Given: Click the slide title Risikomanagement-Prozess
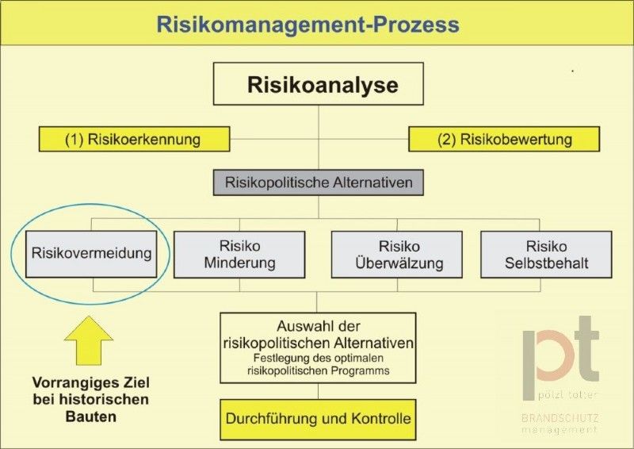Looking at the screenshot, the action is coord(307,25).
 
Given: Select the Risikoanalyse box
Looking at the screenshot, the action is coord(319,84).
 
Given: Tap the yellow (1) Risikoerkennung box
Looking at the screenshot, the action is coord(134,140).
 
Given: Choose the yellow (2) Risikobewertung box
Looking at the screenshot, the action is coord(504,140).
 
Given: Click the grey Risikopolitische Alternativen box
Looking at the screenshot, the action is coord(319,182).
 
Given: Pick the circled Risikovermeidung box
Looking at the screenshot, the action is coord(91,254).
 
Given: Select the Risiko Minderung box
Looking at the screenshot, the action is coord(239,255).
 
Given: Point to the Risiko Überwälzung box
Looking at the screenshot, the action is coord(397,255).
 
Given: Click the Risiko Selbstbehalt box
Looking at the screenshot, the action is coord(546,255).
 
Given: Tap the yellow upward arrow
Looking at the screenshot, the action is coord(89,340).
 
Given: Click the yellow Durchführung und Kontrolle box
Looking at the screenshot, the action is coord(318,420).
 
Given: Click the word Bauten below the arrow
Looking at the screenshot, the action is coord(91,416).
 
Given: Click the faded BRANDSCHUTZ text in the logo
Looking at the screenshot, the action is coord(560,418).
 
